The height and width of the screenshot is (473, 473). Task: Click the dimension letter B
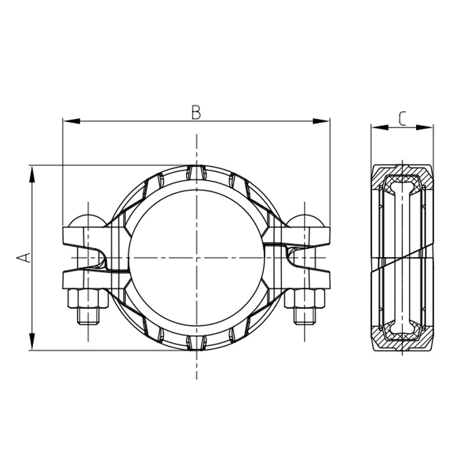click(196, 112)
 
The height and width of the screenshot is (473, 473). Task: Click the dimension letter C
click(402, 118)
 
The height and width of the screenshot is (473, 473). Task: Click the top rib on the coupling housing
click(196, 172)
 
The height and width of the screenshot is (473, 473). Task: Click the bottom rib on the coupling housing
click(196, 343)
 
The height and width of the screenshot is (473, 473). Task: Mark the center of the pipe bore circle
click(196, 258)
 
